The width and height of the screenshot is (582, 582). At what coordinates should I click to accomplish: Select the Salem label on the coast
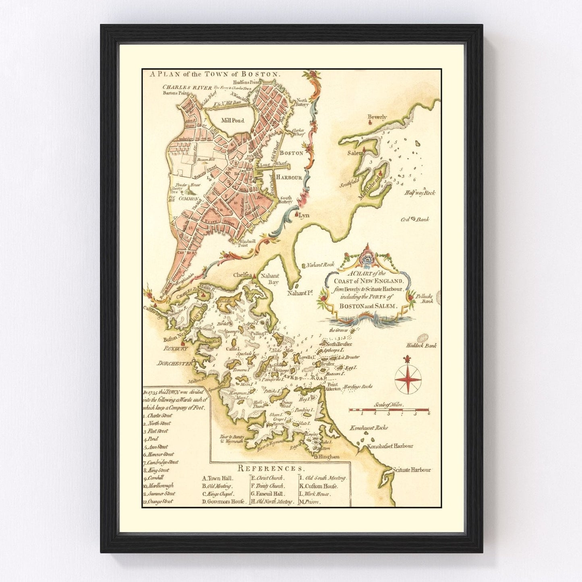tap(354, 153)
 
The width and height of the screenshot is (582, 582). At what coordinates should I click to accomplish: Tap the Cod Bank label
tap(414, 220)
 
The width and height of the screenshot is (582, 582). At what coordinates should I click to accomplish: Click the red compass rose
tap(408, 379)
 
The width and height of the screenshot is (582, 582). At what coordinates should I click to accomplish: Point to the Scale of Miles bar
tap(389, 410)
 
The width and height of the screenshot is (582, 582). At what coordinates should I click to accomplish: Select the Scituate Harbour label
tap(412, 470)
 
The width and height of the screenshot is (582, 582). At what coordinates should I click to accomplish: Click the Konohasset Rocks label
tap(369, 428)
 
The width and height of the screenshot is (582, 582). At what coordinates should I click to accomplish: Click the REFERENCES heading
tap(271, 468)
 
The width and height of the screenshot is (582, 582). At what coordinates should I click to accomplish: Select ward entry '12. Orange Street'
tap(158, 501)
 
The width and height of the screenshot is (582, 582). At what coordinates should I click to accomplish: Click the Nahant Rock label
tap(320, 265)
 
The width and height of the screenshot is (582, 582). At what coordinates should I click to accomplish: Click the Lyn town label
tap(304, 215)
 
